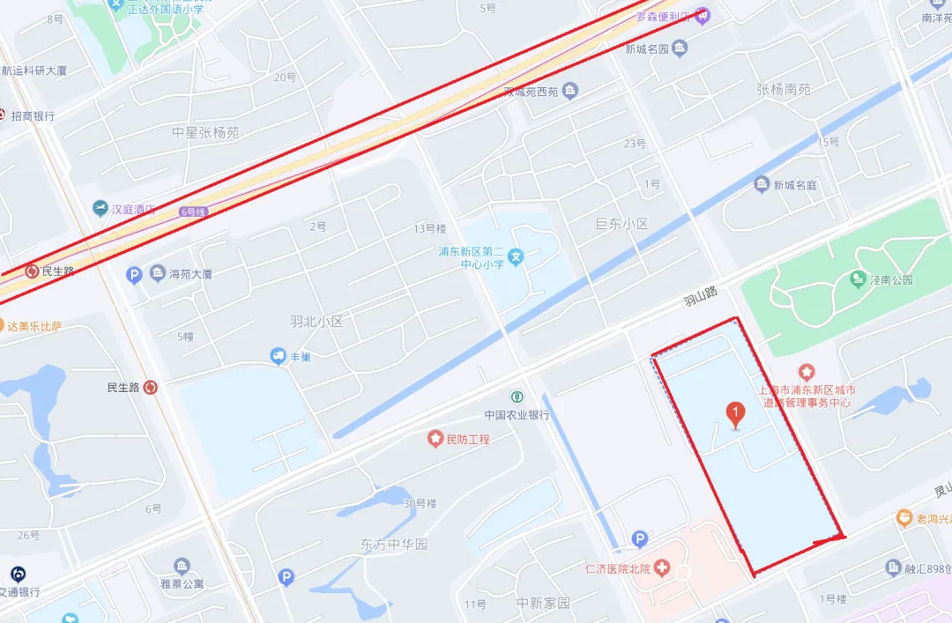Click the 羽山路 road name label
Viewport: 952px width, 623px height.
click(x=701, y=295)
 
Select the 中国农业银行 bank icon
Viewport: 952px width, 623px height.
click(x=517, y=397)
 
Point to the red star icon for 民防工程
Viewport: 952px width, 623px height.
click(x=435, y=438)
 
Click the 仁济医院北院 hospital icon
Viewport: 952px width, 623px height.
click(x=662, y=568)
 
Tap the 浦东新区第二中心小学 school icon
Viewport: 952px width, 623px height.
click(x=517, y=257)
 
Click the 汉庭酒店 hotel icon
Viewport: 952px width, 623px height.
click(x=100, y=209)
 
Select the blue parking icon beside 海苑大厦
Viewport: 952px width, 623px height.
click(x=134, y=275)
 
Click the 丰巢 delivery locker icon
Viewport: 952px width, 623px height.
click(x=278, y=356)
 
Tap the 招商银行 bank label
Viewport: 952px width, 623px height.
click(x=32, y=116)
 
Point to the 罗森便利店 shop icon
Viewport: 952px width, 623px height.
click(x=702, y=14)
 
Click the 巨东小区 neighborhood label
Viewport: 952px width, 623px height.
click(x=621, y=224)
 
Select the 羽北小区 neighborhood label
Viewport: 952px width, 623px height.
click(x=316, y=321)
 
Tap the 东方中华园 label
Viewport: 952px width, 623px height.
click(x=394, y=545)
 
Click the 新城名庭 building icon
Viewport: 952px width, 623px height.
click(x=762, y=185)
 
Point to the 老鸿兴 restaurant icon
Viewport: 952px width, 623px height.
click(x=904, y=518)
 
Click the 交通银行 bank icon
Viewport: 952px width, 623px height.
click(x=19, y=574)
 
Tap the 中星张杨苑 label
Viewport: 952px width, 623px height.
click(x=205, y=132)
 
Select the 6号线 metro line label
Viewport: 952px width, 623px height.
click(x=191, y=211)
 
